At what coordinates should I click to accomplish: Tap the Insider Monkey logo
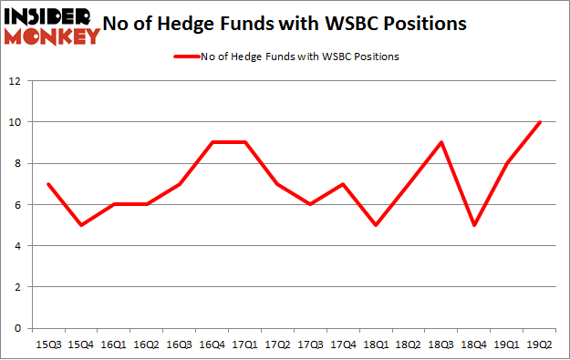tap(52, 26)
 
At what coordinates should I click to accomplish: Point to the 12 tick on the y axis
tap(16, 81)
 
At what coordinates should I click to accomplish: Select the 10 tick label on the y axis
tap(16, 122)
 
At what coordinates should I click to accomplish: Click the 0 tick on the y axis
tap(18, 328)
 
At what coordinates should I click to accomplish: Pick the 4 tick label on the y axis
tap(18, 246)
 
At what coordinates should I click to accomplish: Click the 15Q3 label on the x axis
tap(48, 345)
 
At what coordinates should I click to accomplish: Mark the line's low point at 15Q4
tap(81, 225)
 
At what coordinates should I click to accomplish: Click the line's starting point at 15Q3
tap(48, 184)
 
